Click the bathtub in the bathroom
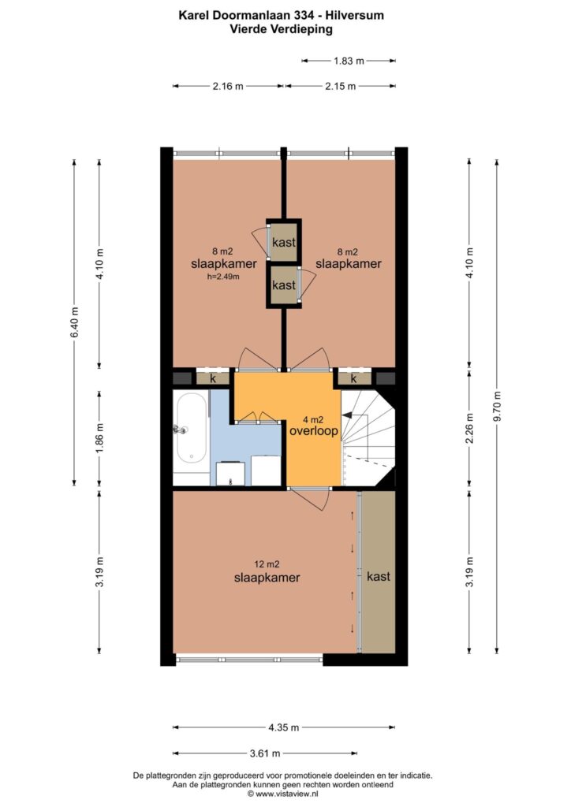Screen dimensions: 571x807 [x=192, y=432]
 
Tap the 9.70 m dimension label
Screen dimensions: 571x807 [x=497, y=407]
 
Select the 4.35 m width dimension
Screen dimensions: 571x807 [x=284, y=727]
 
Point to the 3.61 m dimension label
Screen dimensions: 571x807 [x=265, y=753]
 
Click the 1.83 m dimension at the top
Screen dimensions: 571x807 [x=349, y=61]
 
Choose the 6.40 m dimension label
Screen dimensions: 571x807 [x=75, y=322]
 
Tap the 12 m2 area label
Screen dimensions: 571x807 [x=267, y=564]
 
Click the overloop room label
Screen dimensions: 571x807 [x=314, y=431]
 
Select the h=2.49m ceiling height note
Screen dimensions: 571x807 [x=223, y=277]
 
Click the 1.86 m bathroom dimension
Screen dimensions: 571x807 [x=100, y=438]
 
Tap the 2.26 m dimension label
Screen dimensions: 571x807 [x=469, y=429]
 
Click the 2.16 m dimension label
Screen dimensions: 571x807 [x=228, y=86]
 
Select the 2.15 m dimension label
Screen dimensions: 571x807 [x=341, y=86]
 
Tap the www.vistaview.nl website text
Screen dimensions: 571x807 [x=287, y=794]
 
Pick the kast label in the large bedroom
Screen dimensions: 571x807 [x=379, y=576]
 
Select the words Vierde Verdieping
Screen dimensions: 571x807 [x=281, y=29]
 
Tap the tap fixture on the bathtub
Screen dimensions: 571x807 [x=180, y=430]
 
